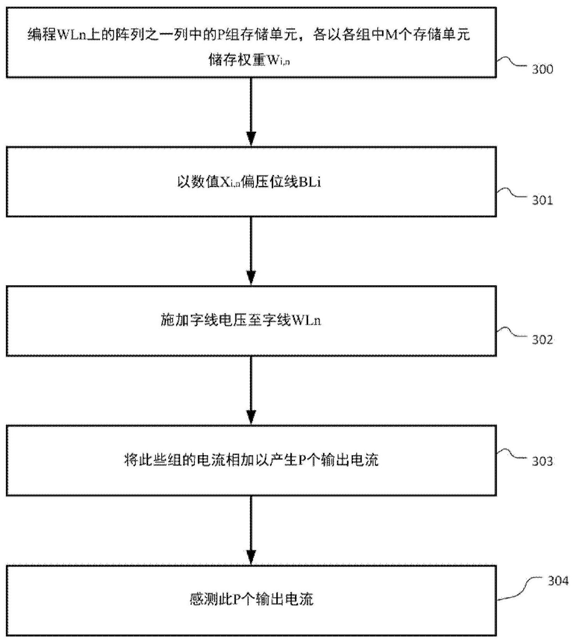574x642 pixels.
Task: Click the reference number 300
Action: tap(542, 69)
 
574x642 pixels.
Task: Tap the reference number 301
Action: tap(542, 201)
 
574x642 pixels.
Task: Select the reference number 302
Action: tap(542, 340)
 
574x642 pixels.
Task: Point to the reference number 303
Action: tap(542, 461)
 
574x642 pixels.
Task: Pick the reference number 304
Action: tap(558, 581)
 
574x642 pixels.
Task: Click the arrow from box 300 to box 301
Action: tap(251, 112)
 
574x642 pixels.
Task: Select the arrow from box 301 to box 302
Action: tap(251, 251)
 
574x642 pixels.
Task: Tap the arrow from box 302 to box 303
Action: tap(251, 390)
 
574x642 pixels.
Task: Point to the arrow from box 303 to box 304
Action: tap(251, 530)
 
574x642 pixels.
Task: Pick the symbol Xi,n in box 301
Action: tap(230, 182)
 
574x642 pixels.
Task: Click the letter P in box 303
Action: tap(302, 460)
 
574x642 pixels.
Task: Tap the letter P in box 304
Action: tap(237, 600)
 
